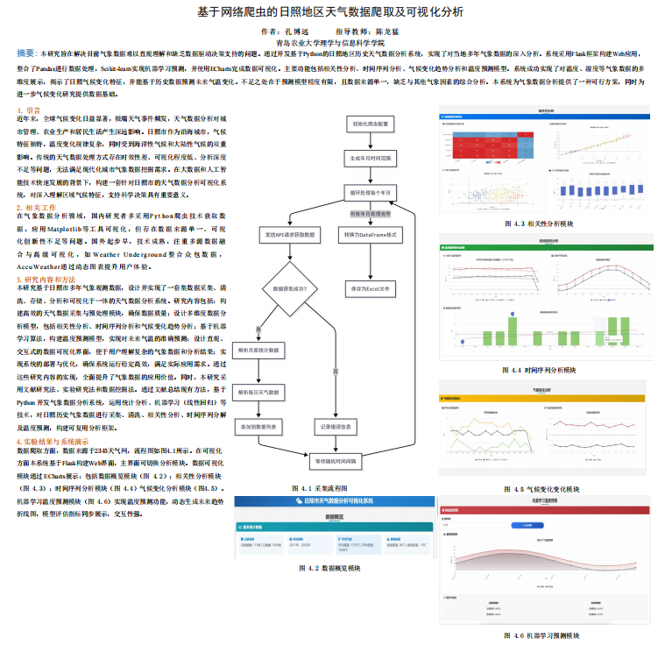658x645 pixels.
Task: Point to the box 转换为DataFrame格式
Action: [x=371, y=236]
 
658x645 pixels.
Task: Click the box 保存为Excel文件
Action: [x=371, y=287]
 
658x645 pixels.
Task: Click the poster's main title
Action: [x=329, y=12]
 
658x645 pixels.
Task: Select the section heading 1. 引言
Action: [x=29, y=110]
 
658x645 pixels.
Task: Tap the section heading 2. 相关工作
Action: [x=36, y=207]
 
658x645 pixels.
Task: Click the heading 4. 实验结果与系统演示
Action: [x=53, y=441]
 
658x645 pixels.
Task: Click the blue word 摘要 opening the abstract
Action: [x=27, y=53]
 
